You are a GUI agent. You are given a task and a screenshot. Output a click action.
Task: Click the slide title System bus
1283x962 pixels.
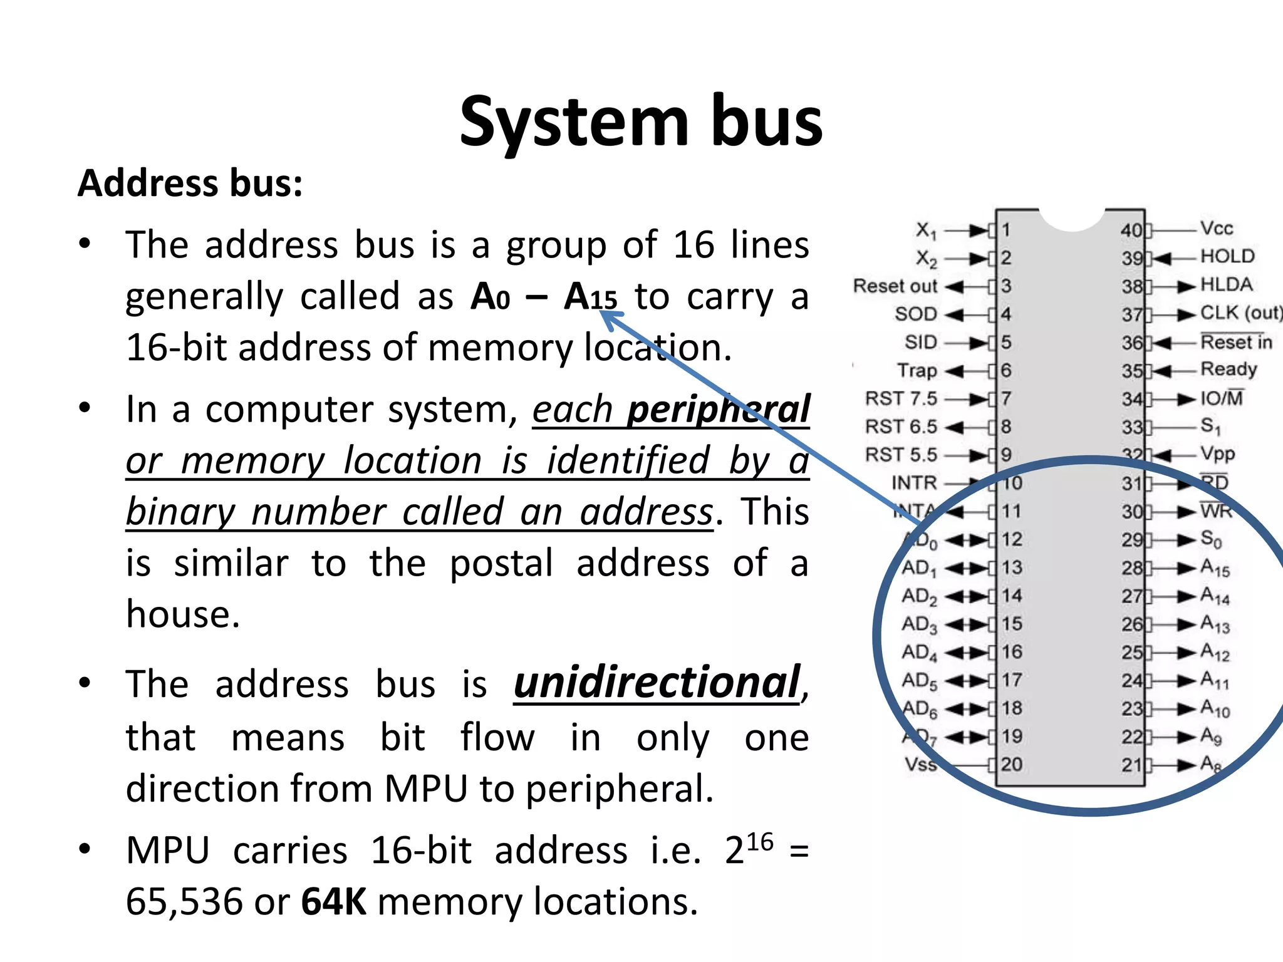(640, 122)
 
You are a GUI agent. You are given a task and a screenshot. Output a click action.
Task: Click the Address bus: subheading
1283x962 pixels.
(190, 184)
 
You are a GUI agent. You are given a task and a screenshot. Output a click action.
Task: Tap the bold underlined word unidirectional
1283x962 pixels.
(657, 683)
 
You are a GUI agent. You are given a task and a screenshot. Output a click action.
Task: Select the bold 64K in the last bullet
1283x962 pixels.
(333, 902)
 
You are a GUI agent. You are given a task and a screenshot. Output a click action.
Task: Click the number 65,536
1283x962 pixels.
(184, 902)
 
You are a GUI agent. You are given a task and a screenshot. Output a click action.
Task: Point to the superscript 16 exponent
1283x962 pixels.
(759, 842)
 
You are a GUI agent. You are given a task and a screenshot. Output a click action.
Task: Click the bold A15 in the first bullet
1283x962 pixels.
(590, 297)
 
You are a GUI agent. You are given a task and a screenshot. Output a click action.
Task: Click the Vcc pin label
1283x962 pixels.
(1216, 228)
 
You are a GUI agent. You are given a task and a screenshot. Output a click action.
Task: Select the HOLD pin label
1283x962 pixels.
(1227, 256)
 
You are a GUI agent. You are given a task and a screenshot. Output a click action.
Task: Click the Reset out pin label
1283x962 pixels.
(895, 286)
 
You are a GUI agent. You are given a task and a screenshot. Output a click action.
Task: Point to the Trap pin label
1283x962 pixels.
(917, 370)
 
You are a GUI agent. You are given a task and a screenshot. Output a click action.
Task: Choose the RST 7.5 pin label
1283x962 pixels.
(901, 398)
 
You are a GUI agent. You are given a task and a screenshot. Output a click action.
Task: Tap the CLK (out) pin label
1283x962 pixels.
(1240, 313)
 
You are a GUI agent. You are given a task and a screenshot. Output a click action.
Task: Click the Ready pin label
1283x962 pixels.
(1228, 369)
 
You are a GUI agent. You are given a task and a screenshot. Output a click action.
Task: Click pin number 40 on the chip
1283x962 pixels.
(1131, 230)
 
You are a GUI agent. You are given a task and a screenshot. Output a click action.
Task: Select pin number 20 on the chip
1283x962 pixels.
(1011, 764)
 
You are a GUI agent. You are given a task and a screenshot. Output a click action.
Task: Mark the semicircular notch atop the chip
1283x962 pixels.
(1071, 219)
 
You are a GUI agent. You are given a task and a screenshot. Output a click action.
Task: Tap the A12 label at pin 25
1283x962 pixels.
(1215, 653)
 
